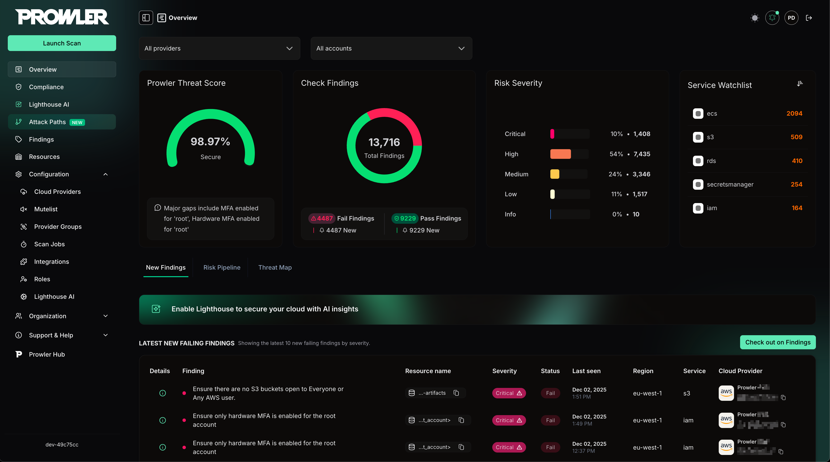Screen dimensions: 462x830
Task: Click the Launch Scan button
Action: coord(62,43)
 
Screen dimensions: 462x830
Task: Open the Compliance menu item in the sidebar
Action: coord(46,87)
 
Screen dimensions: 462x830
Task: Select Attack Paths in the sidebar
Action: coord(47,122)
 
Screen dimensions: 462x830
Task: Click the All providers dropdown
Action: coord(219,48)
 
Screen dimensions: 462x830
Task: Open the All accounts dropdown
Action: coord(391,48)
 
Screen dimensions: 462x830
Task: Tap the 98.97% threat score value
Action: coord(210,141)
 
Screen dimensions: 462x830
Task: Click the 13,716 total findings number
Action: coord(384,142)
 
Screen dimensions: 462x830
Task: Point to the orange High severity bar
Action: coord(560,154)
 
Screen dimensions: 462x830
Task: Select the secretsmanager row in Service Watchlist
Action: coord(730,184)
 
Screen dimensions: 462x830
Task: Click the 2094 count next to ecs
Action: coord(794,113)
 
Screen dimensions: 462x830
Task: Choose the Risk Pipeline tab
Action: coord(222,267)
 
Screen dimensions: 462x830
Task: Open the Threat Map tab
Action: coord(275,267)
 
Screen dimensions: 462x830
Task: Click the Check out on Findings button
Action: coord(778,342)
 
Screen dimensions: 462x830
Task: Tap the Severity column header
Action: coord(504,371)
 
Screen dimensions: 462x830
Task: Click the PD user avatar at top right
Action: coord(791,18)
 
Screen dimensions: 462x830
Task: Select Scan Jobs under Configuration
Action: coord(49,244)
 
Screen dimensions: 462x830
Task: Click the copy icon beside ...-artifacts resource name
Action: coord(456,393)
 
